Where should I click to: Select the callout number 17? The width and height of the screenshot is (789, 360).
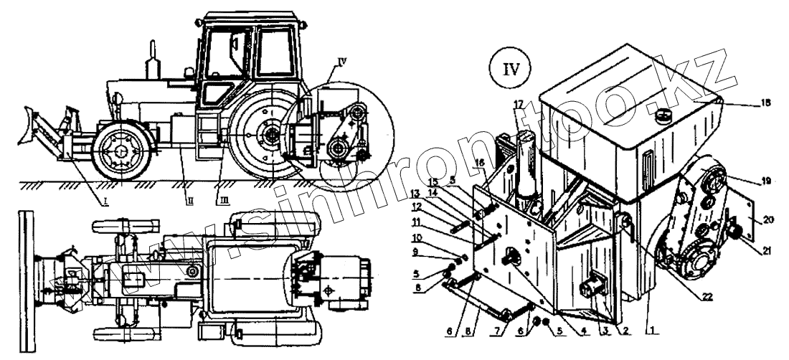click(x=518, y=105)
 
